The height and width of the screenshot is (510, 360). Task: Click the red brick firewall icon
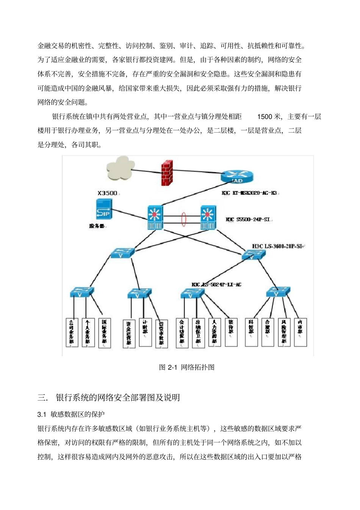(167, 173)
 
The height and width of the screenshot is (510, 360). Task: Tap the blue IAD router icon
(237, 176)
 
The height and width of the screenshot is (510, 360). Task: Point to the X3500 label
(108, 193)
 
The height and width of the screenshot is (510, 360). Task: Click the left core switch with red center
(155, 217)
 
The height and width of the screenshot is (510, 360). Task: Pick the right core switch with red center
(208, 217)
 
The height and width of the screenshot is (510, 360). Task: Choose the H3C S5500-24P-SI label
(249, 219)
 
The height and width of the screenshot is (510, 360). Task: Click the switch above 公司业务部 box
(81, 293)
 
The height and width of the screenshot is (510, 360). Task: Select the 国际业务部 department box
(105, 333)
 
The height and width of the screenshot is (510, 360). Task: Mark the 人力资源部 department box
(214, 332)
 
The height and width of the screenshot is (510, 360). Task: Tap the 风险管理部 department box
(284, 332)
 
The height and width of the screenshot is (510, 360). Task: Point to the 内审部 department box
(301, 332)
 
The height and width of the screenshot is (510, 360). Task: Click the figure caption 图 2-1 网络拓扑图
(187, 367)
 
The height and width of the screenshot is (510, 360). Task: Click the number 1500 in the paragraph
(265, 117)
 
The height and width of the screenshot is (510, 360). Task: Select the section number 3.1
(42, 415)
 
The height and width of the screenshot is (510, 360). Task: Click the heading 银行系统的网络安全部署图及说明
(118, 398)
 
